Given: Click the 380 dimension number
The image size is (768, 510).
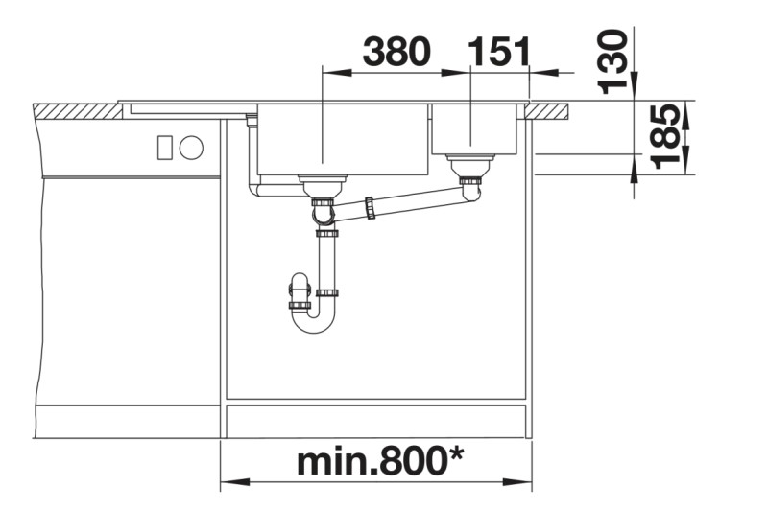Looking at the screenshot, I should [x=396, y=52].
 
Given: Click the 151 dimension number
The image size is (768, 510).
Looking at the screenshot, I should [x=497, y=52].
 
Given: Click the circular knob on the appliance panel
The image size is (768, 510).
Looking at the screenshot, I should [x=191, y=148].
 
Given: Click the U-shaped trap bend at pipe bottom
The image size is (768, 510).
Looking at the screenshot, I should [x=315, y=322].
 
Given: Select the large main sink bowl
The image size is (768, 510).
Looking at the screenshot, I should [x=341, y=139].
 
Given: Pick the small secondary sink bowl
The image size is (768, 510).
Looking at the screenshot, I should [x=474, y=129].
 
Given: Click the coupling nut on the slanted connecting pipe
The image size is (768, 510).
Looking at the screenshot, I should [x=369, y=209].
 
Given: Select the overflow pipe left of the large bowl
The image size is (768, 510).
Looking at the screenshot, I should [x=252, y=158].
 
